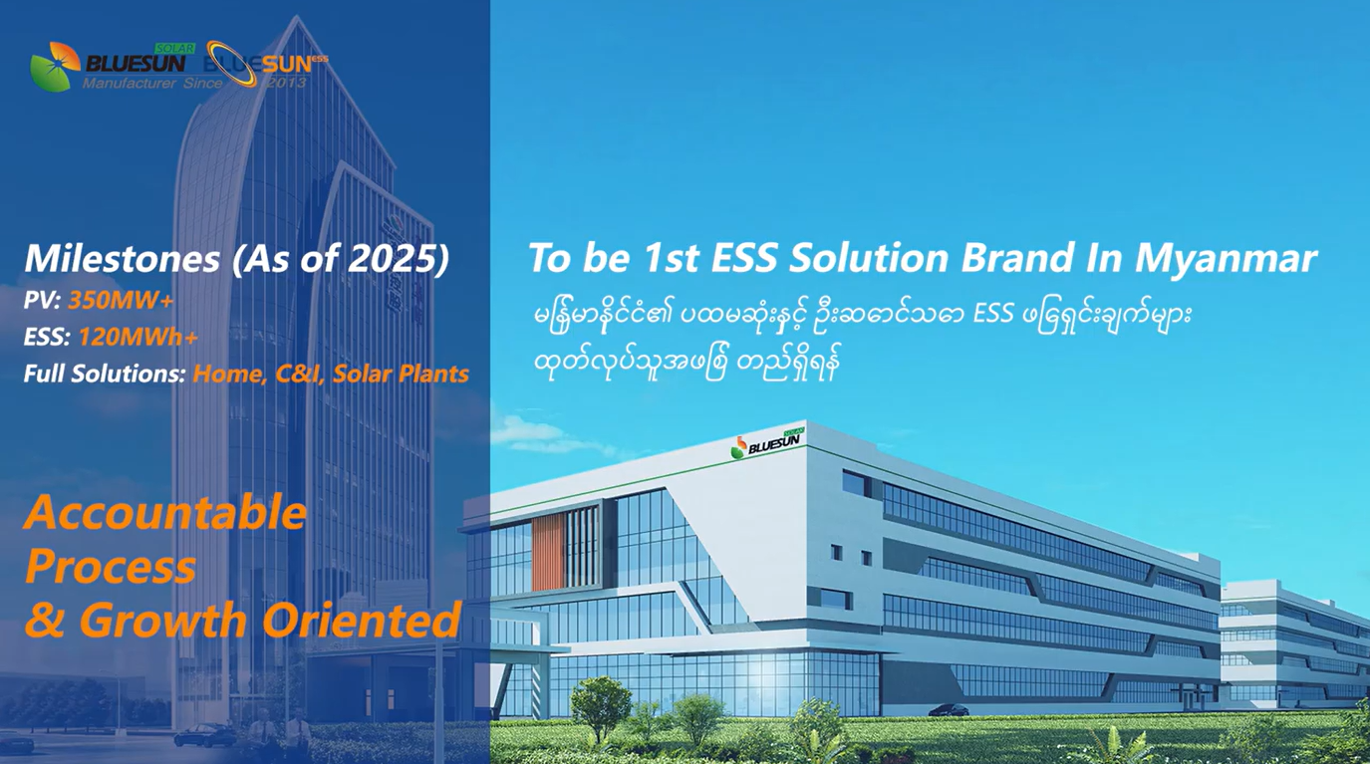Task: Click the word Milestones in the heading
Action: (x=123, y=258)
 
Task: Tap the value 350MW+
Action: (x=122, y=300)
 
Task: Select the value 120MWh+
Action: (x=138, y=337)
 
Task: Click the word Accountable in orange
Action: (x=165, y=512)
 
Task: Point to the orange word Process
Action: (x=111, y=566)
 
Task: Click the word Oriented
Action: (x=362, y=620)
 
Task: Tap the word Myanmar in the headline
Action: (x=1227, y=259)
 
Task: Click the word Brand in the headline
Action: (x=1017, y=257)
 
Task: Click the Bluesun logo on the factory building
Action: (x=768, y=442)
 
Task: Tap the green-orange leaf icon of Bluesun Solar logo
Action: (x=56, y=67)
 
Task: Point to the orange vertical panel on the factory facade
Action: (x=548, y=551)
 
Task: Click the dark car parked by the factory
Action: (x=949, y=710)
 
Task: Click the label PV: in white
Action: (x=42, y=300)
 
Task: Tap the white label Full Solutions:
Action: (x=105, y=375)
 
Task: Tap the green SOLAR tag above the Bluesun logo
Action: (x=175, y=48)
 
